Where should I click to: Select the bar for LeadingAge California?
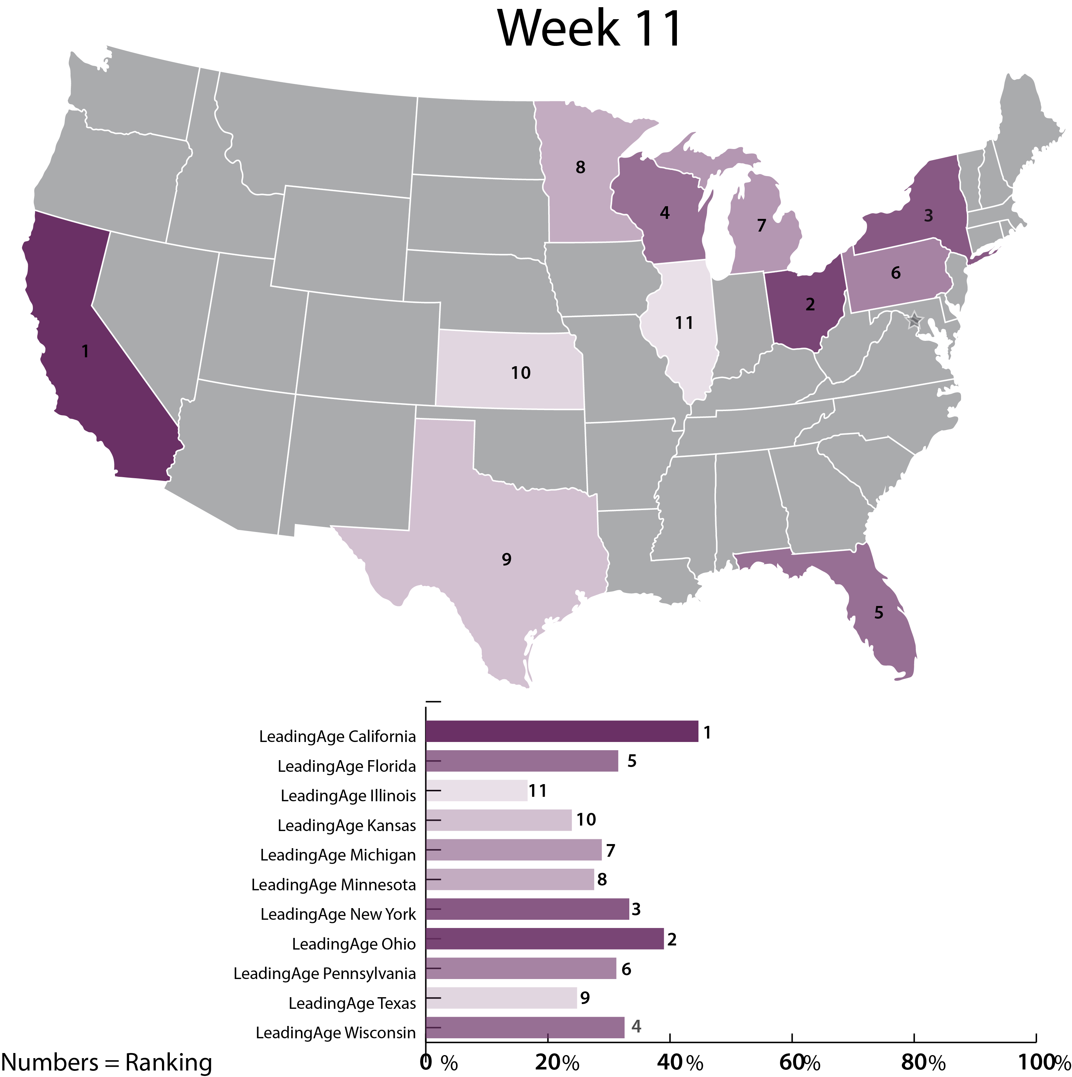[562, 731]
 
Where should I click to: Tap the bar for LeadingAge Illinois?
[476, 791]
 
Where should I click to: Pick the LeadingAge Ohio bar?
[544, 939]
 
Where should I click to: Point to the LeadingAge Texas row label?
[352, 1003]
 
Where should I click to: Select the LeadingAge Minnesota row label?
[333, 885]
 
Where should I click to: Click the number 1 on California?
[85, 351]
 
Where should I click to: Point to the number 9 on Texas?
[506, 559]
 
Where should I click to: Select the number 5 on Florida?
[879, 612]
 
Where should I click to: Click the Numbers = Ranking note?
[106, 1062]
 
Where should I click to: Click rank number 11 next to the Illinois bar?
[538, 791]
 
